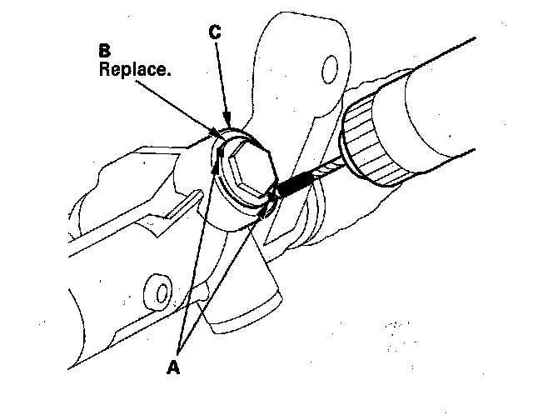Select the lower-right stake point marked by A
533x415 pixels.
(x=265, y=212)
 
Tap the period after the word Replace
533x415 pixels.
(x=170, y=74)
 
